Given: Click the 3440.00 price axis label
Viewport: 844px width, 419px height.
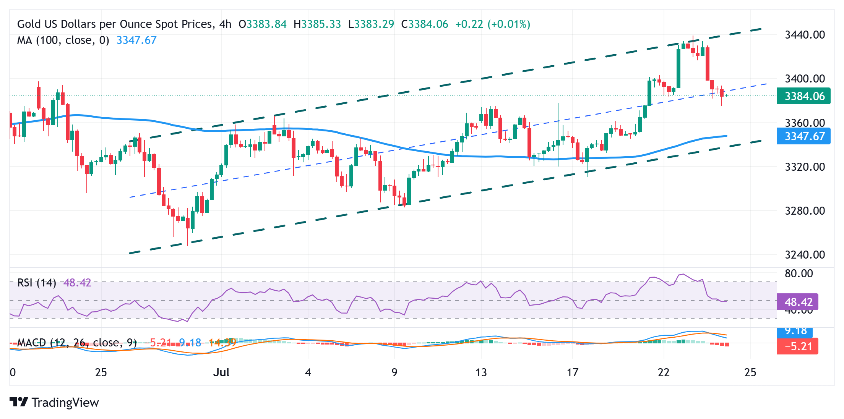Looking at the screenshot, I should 804,35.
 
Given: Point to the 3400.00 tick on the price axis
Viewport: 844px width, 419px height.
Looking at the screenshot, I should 804,79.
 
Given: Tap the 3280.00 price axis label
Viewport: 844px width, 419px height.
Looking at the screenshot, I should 804,211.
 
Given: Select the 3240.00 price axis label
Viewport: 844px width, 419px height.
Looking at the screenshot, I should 804,255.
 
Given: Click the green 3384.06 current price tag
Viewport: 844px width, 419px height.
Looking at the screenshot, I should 803,96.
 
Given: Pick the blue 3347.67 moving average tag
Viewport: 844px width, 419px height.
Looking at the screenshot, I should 803,136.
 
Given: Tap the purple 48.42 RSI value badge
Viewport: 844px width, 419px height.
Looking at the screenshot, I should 798,302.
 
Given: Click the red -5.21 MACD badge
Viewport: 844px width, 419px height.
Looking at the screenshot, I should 798,346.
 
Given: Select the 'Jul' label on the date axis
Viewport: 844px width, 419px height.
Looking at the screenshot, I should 221,372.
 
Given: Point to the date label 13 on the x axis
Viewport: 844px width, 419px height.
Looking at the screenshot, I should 481,372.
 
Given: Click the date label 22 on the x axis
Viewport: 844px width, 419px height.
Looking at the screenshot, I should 664,372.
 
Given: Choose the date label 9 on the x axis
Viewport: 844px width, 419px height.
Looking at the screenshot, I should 394,372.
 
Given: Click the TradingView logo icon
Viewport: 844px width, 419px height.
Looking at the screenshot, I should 19,402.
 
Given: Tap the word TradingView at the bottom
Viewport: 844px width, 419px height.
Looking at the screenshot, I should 65,403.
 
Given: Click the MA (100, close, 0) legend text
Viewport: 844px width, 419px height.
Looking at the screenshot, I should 63,40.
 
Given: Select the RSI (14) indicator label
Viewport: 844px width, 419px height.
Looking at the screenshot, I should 37,283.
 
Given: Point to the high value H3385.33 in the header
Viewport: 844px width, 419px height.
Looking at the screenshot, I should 317,24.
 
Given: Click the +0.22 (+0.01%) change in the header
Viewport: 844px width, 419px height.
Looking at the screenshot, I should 493,24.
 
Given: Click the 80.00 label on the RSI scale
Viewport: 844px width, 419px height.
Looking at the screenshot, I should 799,273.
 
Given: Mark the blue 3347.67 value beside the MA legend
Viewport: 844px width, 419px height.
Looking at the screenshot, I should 136,40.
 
